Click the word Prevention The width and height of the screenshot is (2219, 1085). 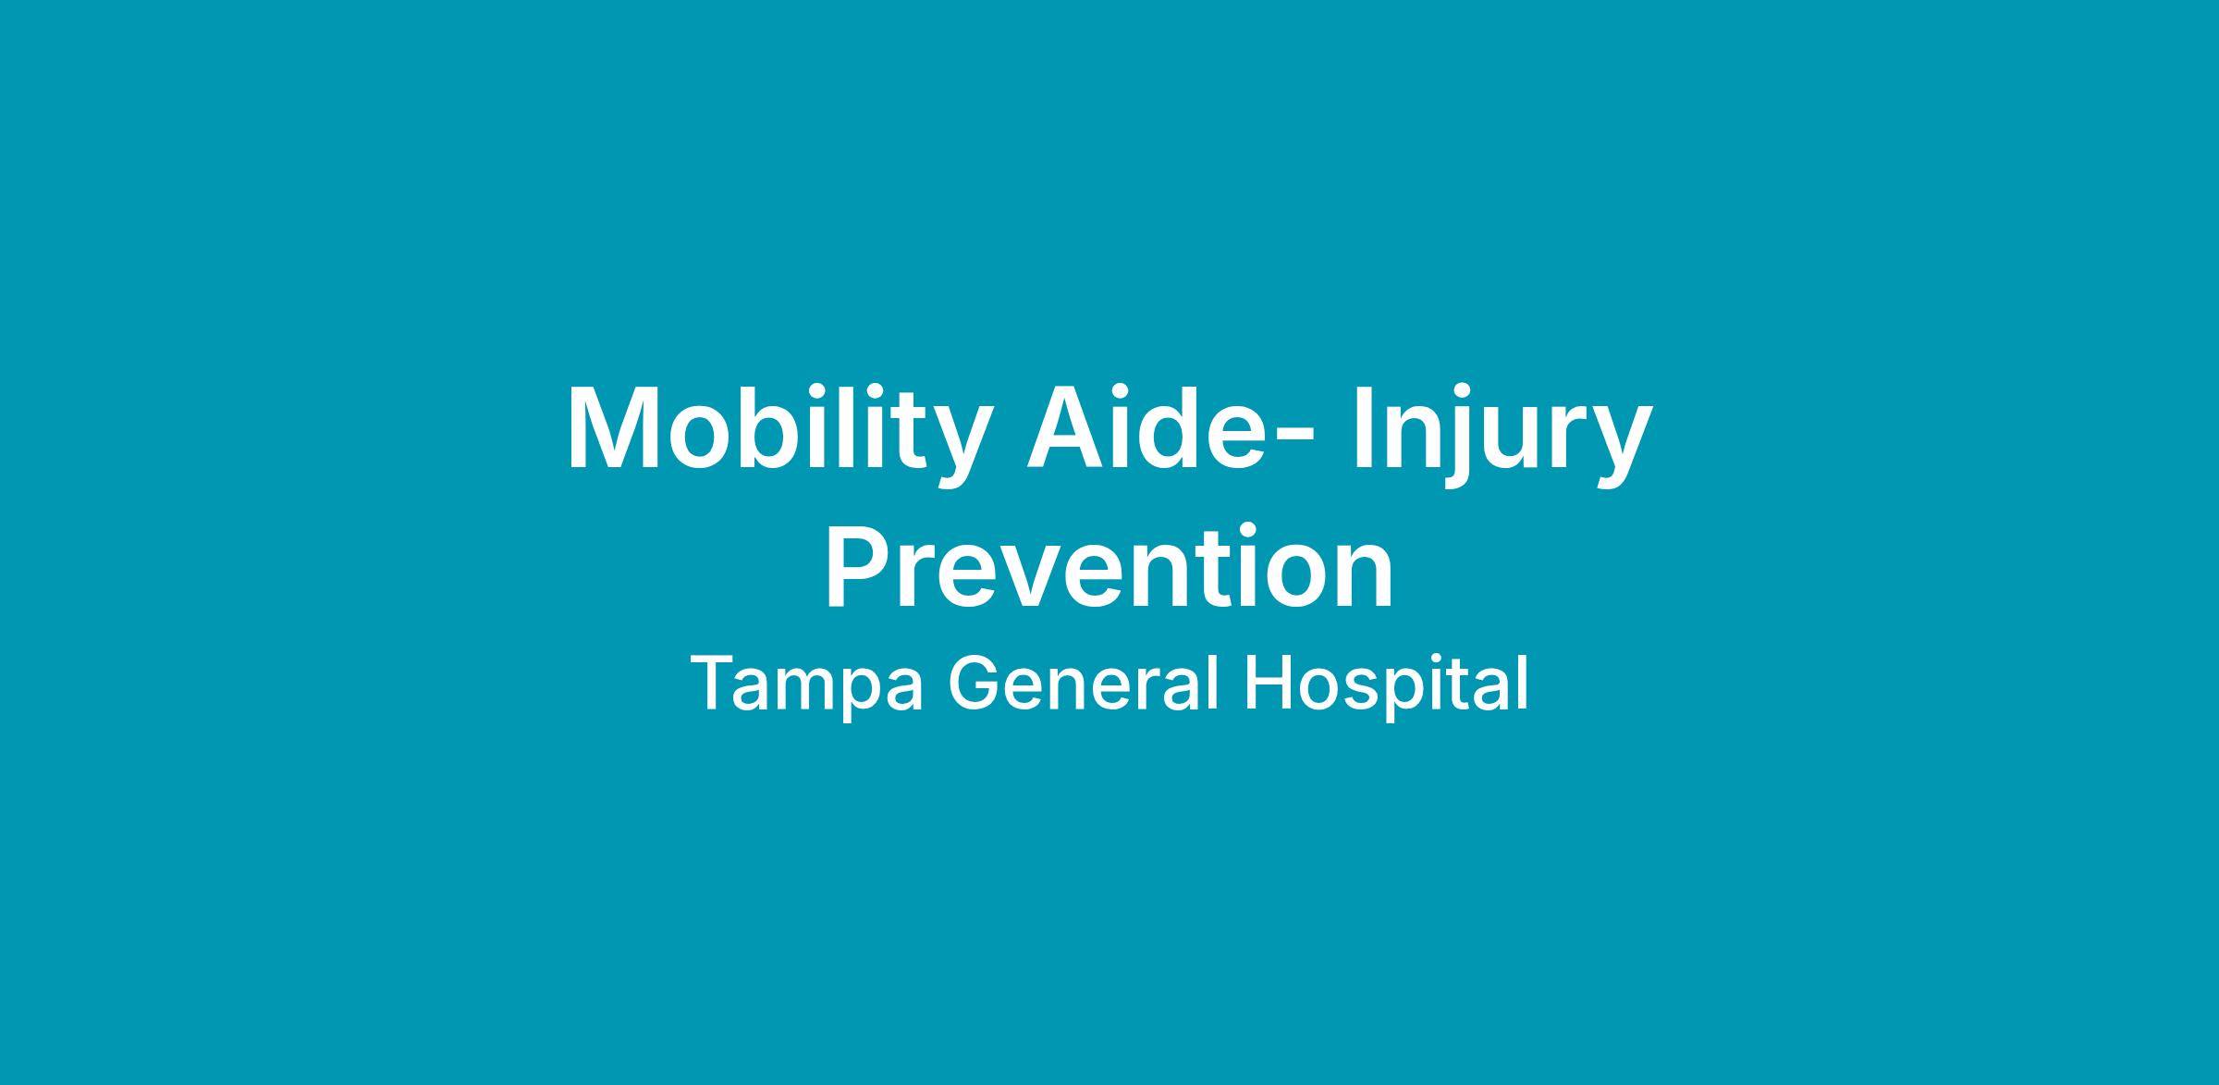tap(1109, 566)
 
